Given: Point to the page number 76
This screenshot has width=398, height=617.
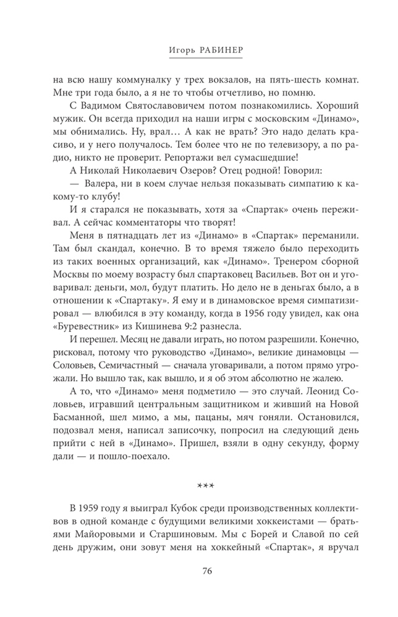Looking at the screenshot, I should tap(207, 570).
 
